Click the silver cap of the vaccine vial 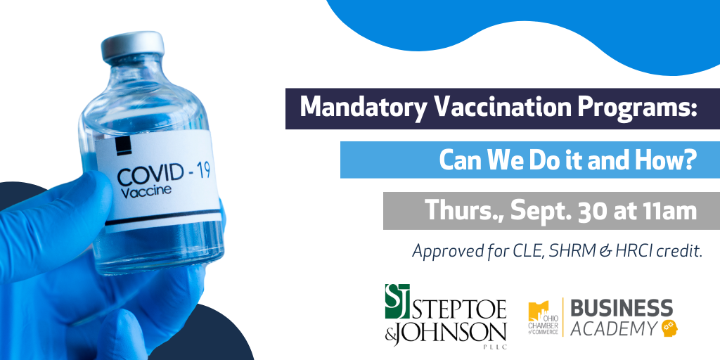(x=133, y=46)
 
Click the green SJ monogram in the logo (x=397, y=301)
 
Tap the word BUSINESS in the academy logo (x=622, y=308)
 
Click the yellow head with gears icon (x=670, y=328)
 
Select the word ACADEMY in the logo (x=614, y=328)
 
